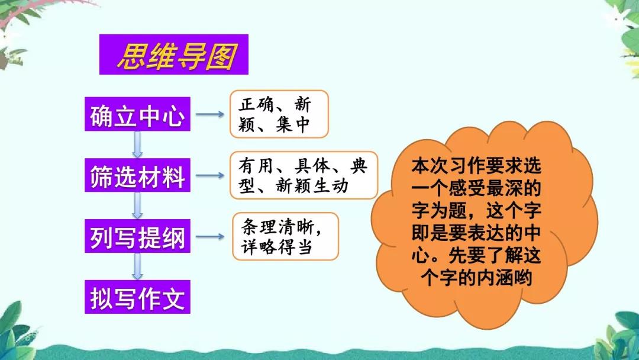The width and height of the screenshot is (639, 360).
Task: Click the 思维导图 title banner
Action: click(x=174, y=54)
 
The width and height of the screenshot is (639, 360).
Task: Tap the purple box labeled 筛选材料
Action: click(x=137, y=176)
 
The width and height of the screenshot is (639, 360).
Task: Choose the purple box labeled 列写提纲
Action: click(x=137, y=237)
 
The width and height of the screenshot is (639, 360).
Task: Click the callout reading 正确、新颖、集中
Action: click(x=278, y=114)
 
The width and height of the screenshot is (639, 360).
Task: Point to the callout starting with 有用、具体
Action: click(x=303, y=175)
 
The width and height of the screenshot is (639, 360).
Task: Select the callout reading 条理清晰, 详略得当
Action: click(x=286, y=237)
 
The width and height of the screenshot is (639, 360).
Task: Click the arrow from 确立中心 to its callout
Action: click(x=209, y=114)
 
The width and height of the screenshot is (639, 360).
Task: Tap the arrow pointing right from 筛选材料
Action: click(x=209, y=176)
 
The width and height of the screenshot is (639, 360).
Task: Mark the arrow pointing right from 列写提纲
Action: click(x=209, y=237)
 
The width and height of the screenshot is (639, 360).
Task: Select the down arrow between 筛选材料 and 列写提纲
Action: click(x=138, y=206)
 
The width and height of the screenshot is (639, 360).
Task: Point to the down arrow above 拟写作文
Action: click(x=138, y=266)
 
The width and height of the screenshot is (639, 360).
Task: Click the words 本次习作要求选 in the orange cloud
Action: click(x=476, y=166)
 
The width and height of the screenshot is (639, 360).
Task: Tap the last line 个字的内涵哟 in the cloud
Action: click(x=476, y=278)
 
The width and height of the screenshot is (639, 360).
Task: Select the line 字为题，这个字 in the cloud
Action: click(x=476, y=211)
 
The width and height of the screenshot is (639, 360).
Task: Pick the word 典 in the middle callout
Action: click(x=359, y=166)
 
